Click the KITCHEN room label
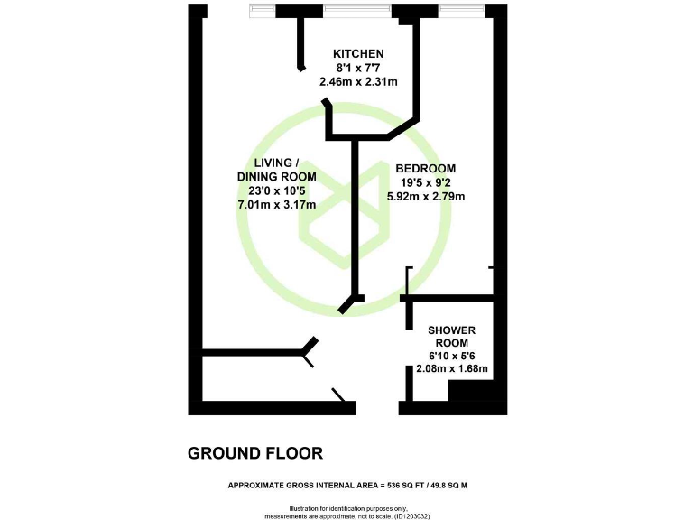358,54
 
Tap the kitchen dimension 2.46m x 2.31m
358,81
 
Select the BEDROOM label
425,169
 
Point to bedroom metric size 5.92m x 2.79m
425,196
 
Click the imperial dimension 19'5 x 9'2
425,182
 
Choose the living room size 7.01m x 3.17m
275,204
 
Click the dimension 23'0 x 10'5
275,190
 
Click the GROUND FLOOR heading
254,452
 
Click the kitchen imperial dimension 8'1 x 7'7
358,68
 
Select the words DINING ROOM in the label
276,177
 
